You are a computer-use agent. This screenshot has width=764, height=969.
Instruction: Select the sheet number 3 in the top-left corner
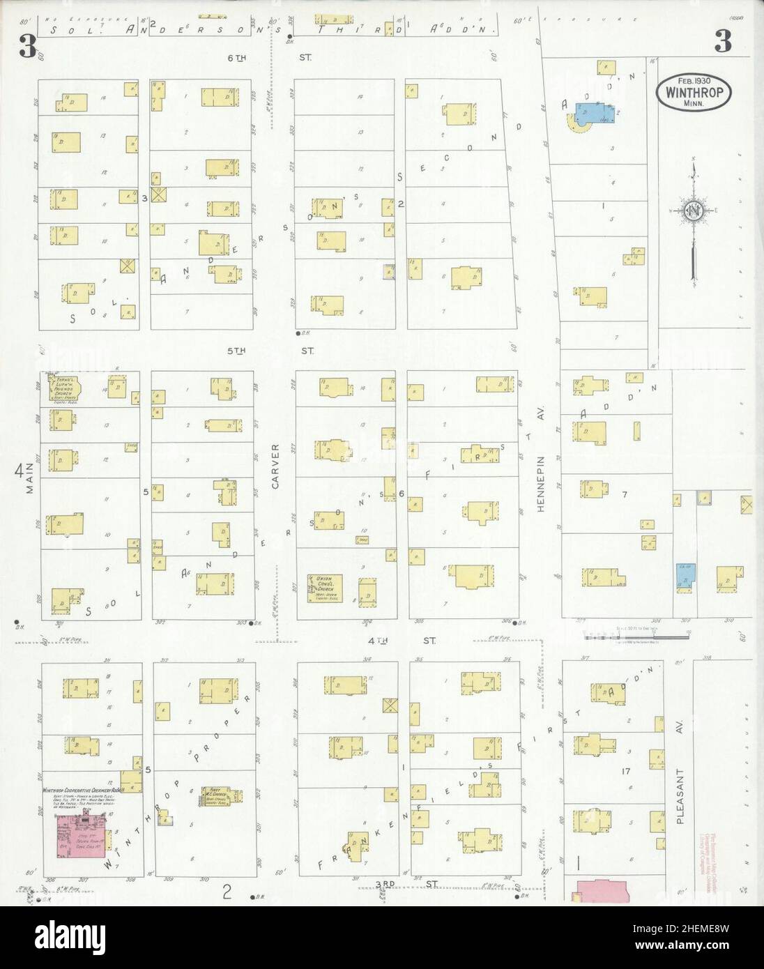tap(28, 45)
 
